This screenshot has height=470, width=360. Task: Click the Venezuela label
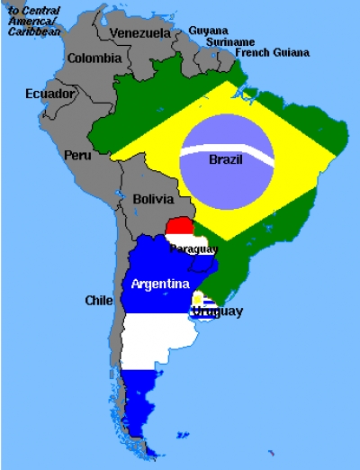pos(139,33)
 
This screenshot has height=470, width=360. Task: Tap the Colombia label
pos(94,59)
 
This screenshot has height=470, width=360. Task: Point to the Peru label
pos(76,155)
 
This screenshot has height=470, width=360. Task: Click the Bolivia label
pos(148,198)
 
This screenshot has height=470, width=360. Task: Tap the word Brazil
pos(225,159)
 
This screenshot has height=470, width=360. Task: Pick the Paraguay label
pos(193,249)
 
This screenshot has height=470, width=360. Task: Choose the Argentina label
pos(160,284)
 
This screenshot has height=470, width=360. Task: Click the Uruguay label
pos(217,312)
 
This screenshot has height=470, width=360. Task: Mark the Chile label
pos(98,300)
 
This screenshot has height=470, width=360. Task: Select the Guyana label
pos(208,31)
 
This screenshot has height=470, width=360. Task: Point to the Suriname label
pos(229,41)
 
